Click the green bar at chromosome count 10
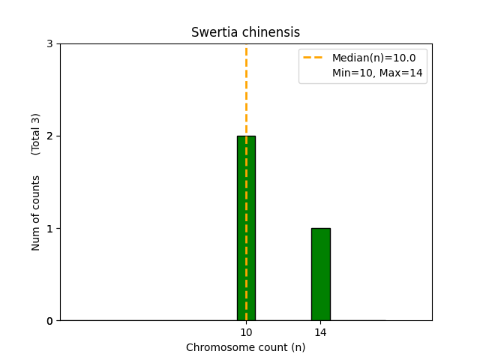(246, 228)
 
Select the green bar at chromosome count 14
(320, 274)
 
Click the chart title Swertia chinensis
(245, 32)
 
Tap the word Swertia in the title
(212, 32)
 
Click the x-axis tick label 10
(246, 332)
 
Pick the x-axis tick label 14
(320, 332)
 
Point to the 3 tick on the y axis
(49, 43)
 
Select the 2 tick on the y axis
(49, 136)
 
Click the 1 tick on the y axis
(49, 228)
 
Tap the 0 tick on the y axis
(49, 321)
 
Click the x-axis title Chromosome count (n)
(245, 347)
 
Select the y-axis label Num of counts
(36, 212)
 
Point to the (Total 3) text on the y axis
(36, 134)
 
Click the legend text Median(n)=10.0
(373, 57)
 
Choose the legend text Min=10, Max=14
(377, 73)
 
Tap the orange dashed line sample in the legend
(315, 57)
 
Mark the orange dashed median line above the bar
(246, 90)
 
